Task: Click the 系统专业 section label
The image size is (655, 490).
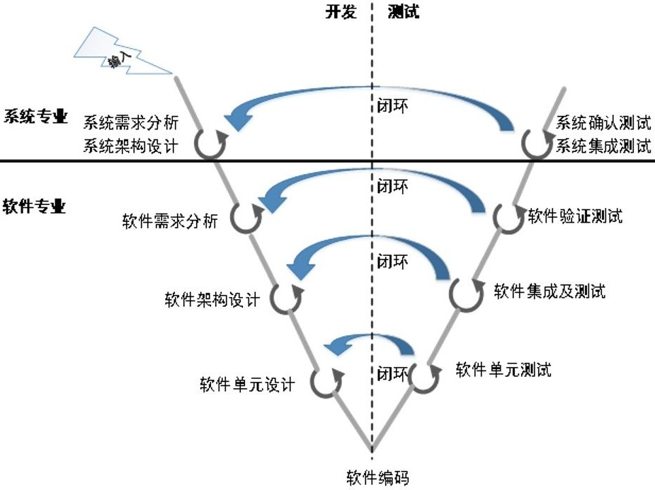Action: click(x=36, y=117)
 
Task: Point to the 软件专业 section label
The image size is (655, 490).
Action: click(x=35, y=206)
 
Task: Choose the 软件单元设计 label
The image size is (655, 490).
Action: click(x=246, y=385)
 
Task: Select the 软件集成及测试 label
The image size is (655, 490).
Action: click(x=549, y=291)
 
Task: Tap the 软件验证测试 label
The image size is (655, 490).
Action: click(x=575, y=216)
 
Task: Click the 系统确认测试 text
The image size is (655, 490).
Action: click(x=603, y=123)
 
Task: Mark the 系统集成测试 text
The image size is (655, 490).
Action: click(x=603, y=146)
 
